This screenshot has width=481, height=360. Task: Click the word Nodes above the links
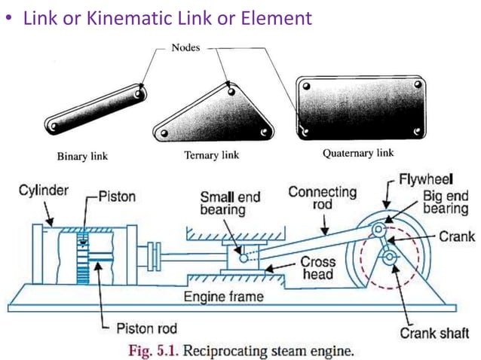tap(185, 47)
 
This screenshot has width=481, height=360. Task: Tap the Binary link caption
tap(82, 157)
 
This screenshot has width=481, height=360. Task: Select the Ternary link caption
tap(211, 155)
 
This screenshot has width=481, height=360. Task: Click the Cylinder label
tap(44, 191)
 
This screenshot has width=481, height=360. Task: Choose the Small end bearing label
tap(229, 203)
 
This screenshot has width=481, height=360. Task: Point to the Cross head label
tap(317, 269)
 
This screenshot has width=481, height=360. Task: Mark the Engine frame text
tap(224, 296)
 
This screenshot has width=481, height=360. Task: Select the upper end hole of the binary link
tap(141, 93)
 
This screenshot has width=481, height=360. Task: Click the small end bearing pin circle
tap(245, 257)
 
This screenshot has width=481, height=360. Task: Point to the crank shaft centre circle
tap(389, 258)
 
